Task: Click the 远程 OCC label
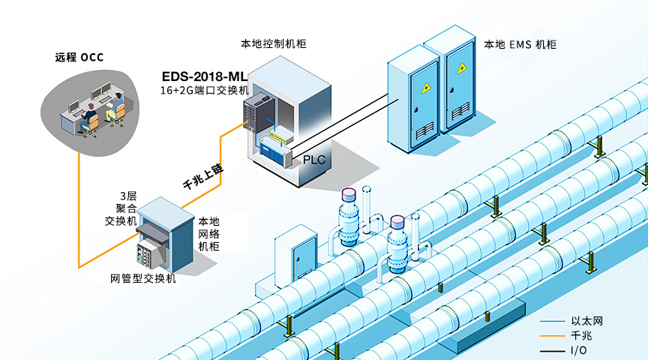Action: (x=79, y=57)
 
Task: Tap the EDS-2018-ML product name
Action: (x=204, y=76)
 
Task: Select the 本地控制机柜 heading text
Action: (x=273, y=43)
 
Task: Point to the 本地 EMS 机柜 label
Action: (x=520, y=45)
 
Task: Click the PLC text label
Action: (x=314, y=160)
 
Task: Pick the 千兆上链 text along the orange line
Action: (x=203, y=176)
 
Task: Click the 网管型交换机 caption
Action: (x=143, y=278)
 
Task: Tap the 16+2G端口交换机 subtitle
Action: (x=204, y=90)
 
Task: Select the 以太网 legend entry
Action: (x=586, y=321)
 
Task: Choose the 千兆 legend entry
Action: (x=581, y=335)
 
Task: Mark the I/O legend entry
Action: (x=578, y=350)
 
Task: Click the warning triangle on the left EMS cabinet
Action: (x=426, y=87)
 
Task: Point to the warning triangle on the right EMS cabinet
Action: (x=461, y=67)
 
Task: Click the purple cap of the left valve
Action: (x=349, y=195)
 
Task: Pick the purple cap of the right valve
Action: (x=397, y=222)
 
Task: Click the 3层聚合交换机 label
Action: (x=120, y=208)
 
